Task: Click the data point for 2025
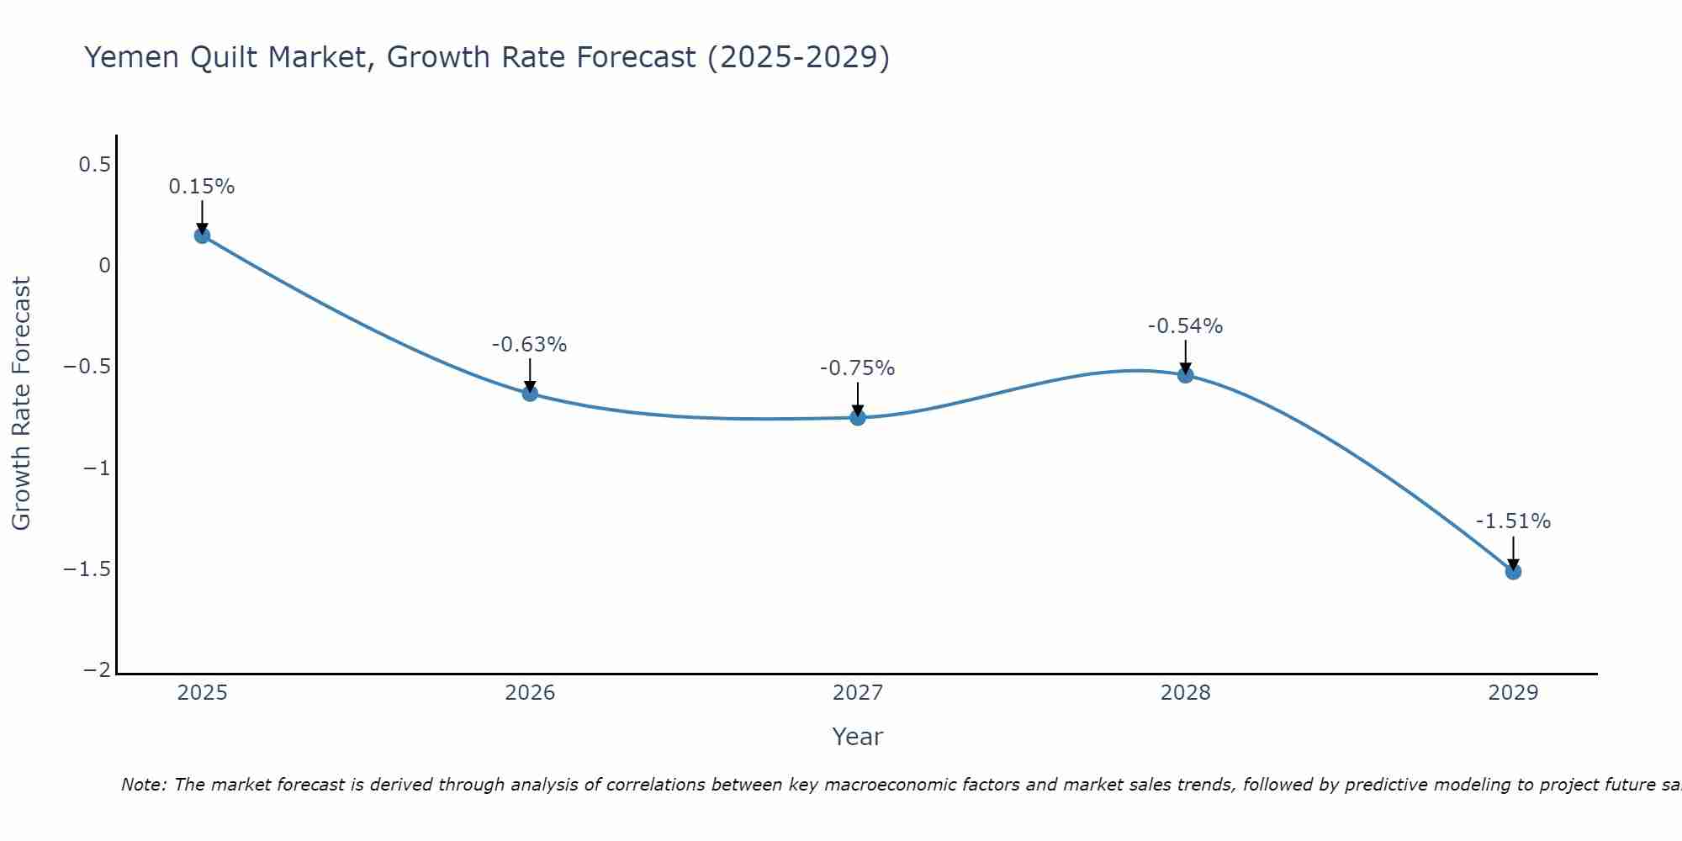point(202,235)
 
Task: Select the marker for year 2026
point(530,393)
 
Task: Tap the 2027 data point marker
point(858,417)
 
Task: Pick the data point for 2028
point(1186,375)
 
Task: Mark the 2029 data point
point(1513,572)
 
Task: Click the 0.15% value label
point(202,187)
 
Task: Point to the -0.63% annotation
point(530,345)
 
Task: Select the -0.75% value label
point(858,368)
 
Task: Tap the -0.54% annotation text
point(1186,326)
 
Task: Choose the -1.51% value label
point(1513,521)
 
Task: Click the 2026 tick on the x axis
point(530,693)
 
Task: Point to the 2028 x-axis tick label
point(1186,693)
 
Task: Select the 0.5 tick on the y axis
point(95,164)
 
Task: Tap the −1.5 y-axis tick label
point(87,569)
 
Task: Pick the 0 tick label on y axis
point(104,266)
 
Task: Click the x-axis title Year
point(857,737)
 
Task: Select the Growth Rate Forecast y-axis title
point(21,404)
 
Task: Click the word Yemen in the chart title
point(131,57)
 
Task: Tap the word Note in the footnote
point(143,785)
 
